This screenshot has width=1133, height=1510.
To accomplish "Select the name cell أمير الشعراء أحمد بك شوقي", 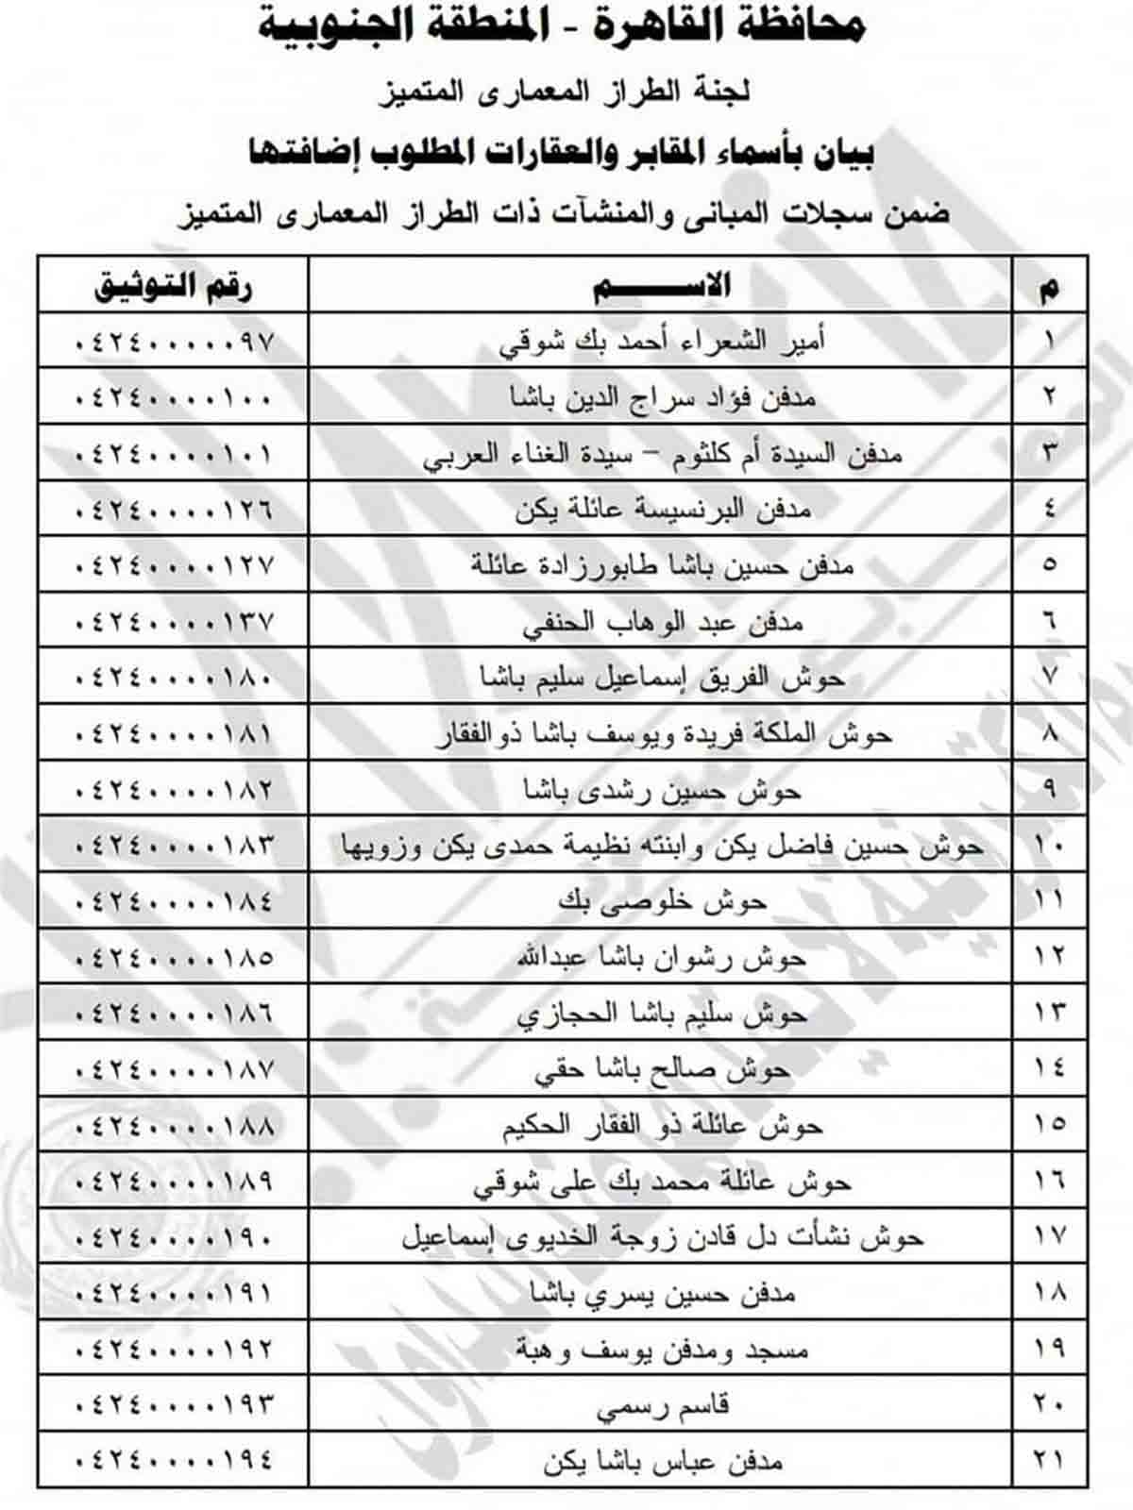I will coord(661,341).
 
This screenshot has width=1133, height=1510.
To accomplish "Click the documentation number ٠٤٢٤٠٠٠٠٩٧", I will coord(174,341).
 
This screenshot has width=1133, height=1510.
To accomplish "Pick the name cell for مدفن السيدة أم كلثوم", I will coord(661,454).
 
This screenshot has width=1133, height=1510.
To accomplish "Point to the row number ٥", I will coord(1050,565).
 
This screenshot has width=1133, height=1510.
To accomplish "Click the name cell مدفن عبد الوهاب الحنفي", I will coord(661,622).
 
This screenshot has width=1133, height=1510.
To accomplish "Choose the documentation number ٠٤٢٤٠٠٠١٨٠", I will coord(174,678).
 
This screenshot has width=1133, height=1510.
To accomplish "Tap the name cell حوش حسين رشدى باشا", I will coord(661,789).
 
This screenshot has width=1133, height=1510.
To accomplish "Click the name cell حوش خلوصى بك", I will coord(661,901).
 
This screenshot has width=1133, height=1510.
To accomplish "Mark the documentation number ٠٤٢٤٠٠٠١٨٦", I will coord(174,1013).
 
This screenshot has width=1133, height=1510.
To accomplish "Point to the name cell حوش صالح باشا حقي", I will coord(661,1069).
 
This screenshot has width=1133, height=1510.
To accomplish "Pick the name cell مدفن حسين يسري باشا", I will coord(661,1293).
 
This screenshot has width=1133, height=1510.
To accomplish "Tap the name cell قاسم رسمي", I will coord(661,1405).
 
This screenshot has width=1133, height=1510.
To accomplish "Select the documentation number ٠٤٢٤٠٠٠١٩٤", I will coord(174,1461).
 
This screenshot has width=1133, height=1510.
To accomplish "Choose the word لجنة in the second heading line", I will coord(721,92).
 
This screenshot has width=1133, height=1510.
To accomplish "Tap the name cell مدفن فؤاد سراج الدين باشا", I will coord(661,397).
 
